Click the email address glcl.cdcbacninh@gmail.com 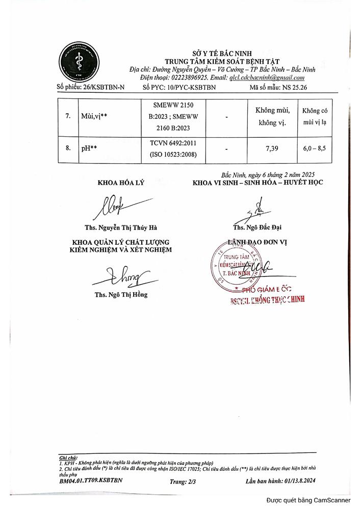click(x=267, y=78)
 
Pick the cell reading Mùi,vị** click(x=93, y=116)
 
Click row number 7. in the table click(x=68, y=116)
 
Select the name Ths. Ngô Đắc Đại click(x=257, y=227)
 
